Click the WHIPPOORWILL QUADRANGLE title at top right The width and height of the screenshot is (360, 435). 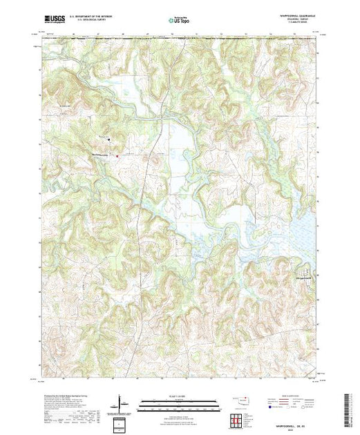pyautogui.click(x=293, y=15)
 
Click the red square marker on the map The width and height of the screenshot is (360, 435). pyautogui.click(x=117, y=155)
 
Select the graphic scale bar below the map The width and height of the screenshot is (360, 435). pyautogui.click(x=175, y=404)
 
